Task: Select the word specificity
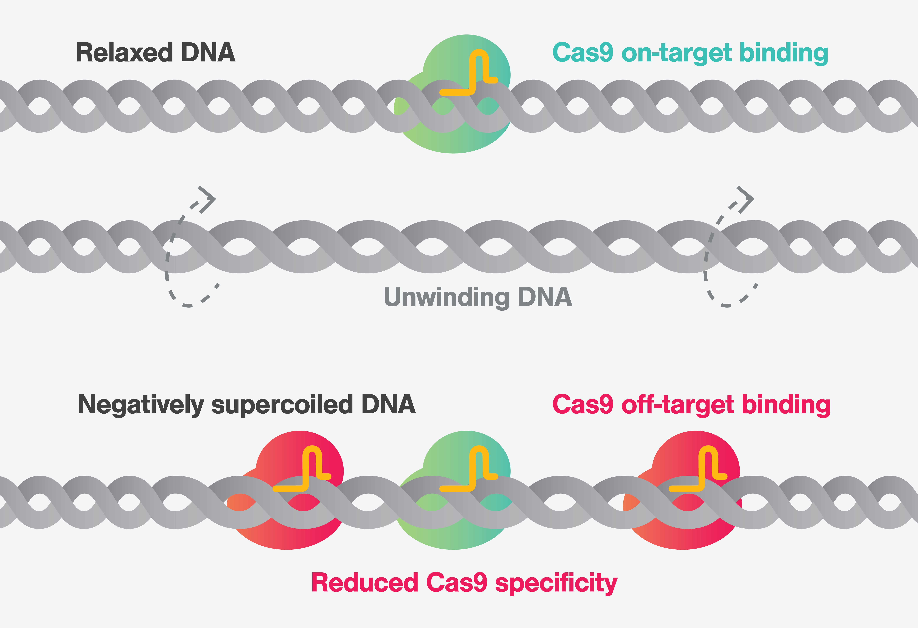[556, 583]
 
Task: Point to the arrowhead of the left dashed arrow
[209, 198]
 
